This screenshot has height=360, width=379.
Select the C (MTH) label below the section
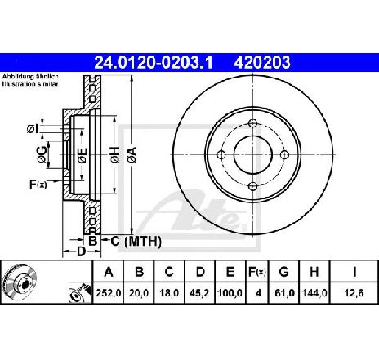pyautogui.click(x=136, y=241)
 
